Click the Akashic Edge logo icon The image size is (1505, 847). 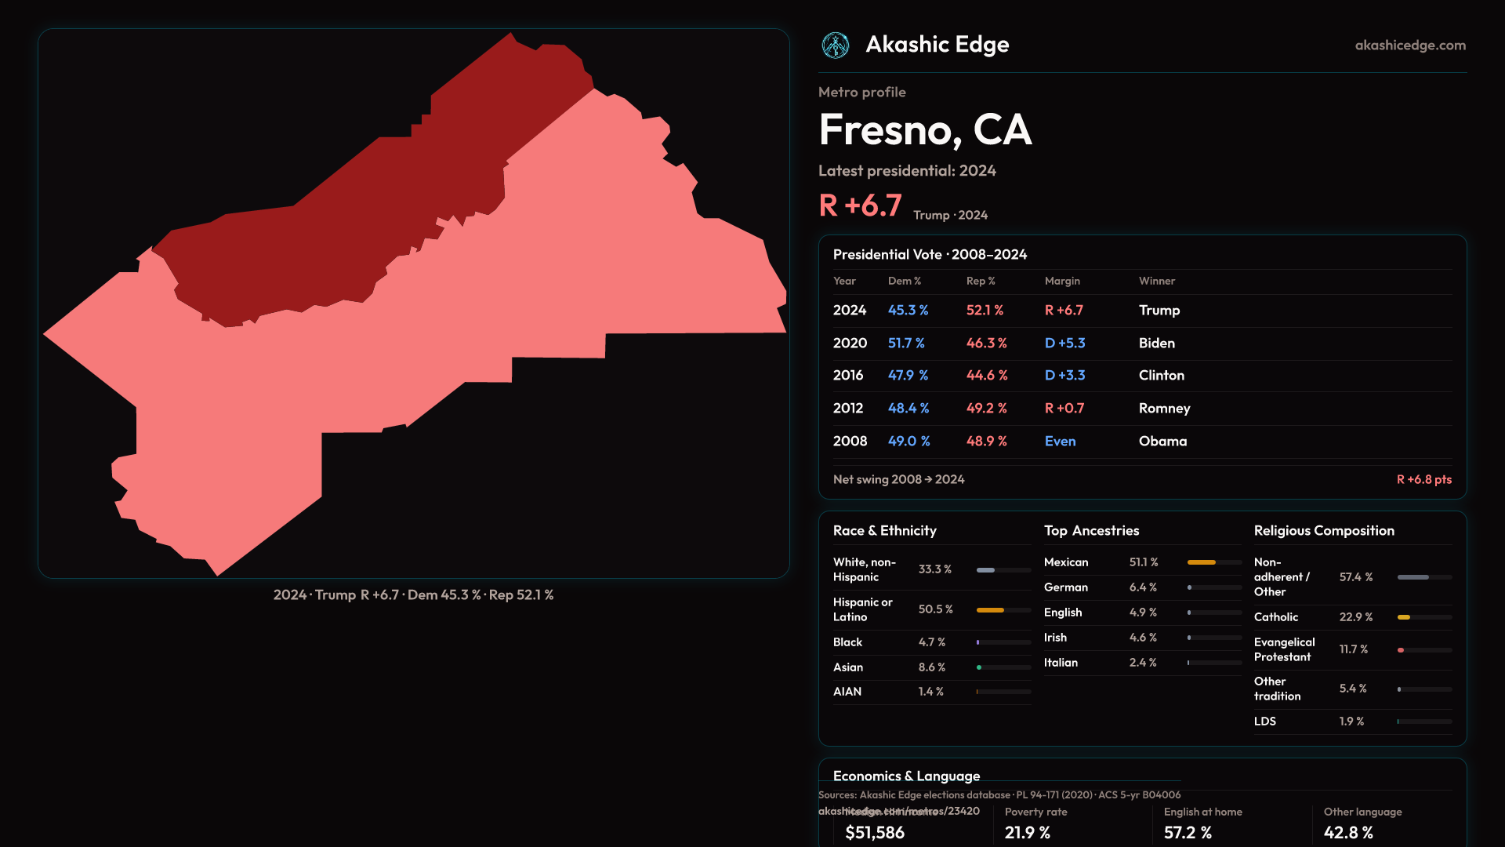point(836,45)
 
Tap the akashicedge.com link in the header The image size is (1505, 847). point(1410,45)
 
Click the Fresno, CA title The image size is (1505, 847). point(925,130)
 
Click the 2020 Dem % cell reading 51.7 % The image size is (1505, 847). point(906,344)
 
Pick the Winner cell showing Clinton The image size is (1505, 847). point(1161,376)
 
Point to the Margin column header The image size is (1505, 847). point(1062,281)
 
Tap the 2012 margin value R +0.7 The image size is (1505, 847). point(1064,409)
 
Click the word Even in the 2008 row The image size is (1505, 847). point(1060,442)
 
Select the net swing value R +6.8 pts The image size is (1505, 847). point(1423,479)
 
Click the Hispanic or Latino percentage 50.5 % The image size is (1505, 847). point(935,609)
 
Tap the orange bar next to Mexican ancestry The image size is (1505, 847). point(1201,562)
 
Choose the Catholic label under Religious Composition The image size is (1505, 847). point(1275,617)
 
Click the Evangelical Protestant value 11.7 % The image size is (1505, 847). point(1353,649)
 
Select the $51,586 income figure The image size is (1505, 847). point(875,833)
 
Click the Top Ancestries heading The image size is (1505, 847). point(1091,531)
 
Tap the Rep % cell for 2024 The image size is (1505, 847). point(985,311)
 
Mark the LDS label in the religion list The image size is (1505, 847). point(1264,722)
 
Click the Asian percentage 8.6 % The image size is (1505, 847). point(931,667)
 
